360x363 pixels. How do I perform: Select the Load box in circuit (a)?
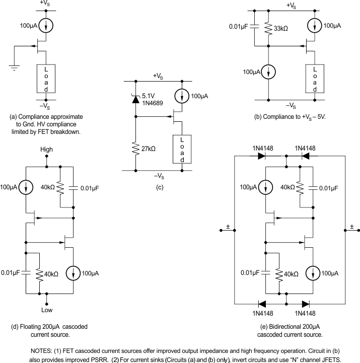[x=47, y=78]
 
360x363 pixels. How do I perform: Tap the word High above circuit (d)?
[x=47, y=150]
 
